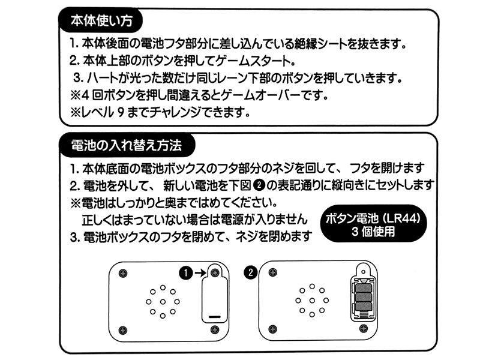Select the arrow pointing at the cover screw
[x=199, y=273]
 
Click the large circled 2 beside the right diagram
[x=251, y=273]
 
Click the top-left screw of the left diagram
[x=124, y=273]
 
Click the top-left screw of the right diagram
[x=274, y=273]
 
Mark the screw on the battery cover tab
[x=214, y=272]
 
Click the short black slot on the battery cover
[x=214, y=315]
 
